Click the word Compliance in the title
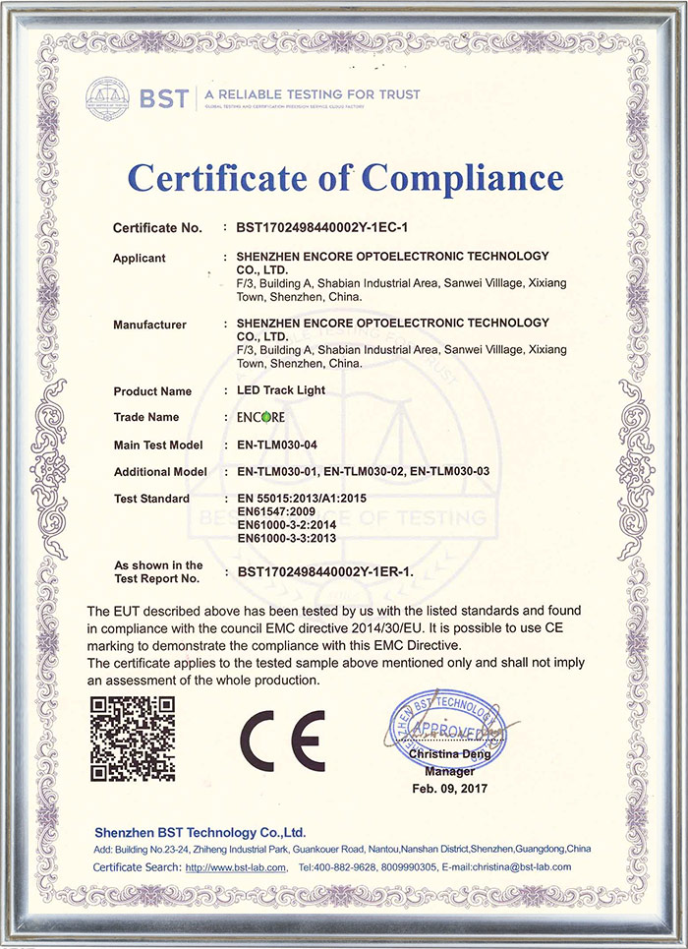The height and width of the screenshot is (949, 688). (x=462, y=178)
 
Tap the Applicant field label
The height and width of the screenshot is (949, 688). (x=140, y=259)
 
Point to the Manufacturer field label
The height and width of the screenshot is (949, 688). (x=150, y=325)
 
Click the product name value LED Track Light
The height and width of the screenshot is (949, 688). (x=280, y=390)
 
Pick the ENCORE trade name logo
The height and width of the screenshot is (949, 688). (x=260, y=417)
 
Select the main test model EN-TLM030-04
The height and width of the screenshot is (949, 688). (x=282, y=445)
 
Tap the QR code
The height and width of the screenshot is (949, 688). (x=133, y=740)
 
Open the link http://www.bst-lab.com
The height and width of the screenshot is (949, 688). (x=236, y=867)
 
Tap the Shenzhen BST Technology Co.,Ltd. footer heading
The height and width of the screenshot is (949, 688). (x=201, y=832)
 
